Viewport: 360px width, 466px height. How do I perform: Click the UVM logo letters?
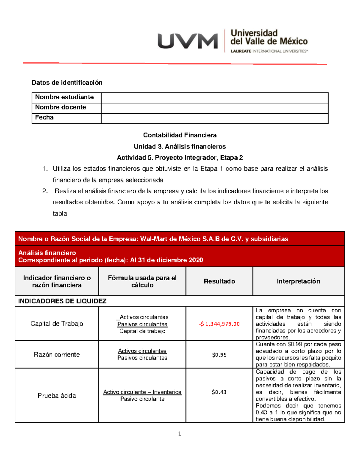[187, 41]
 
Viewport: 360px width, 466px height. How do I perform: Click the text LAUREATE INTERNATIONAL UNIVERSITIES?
[269, 51]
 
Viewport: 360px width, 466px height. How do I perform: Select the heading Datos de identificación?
[67, 83]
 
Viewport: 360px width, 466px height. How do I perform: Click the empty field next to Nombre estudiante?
[214, 98]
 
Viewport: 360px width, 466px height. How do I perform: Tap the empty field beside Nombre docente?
[214, 108]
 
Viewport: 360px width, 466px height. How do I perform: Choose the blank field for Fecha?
[214, 119]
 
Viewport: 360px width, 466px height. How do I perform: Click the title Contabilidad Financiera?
[180, 135]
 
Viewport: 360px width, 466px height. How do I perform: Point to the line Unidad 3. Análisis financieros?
[180, 146]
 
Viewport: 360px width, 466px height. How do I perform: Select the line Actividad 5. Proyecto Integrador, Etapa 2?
[180, 158]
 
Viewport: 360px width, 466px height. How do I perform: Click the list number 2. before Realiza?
[45, 191]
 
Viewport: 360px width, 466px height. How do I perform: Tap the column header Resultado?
[219, 281]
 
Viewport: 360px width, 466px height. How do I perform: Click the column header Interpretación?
[298, 281]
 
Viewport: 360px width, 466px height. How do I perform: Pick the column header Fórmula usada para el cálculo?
[142, 281]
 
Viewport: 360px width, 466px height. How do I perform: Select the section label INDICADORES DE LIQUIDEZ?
[62, 301]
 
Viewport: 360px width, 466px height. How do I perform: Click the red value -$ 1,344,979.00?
[219, 324]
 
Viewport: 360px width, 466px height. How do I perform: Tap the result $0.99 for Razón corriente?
[219, 355]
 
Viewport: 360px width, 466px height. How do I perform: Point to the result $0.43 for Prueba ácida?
[219, 392]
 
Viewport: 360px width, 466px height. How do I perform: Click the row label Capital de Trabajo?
[57, 323]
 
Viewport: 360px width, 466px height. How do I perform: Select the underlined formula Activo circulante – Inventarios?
[142, 392]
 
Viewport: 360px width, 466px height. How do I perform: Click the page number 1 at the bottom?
[179, 434]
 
